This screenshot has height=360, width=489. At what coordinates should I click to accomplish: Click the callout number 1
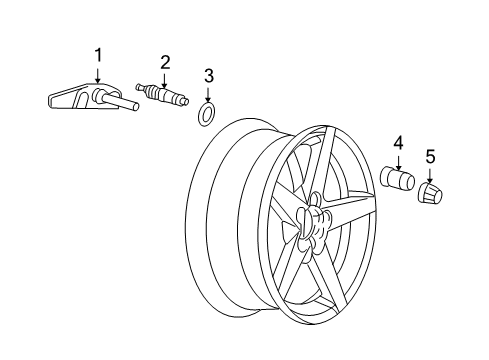point(98,53)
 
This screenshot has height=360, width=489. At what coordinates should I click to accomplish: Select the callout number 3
point(208,75)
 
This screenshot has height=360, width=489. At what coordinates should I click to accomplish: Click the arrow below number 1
point(98,72)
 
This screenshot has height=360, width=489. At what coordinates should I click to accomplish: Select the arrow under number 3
point(208,92)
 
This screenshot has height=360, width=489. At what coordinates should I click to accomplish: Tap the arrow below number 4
point(398,161)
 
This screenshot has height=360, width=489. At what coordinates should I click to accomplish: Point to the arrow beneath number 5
point(431,171)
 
